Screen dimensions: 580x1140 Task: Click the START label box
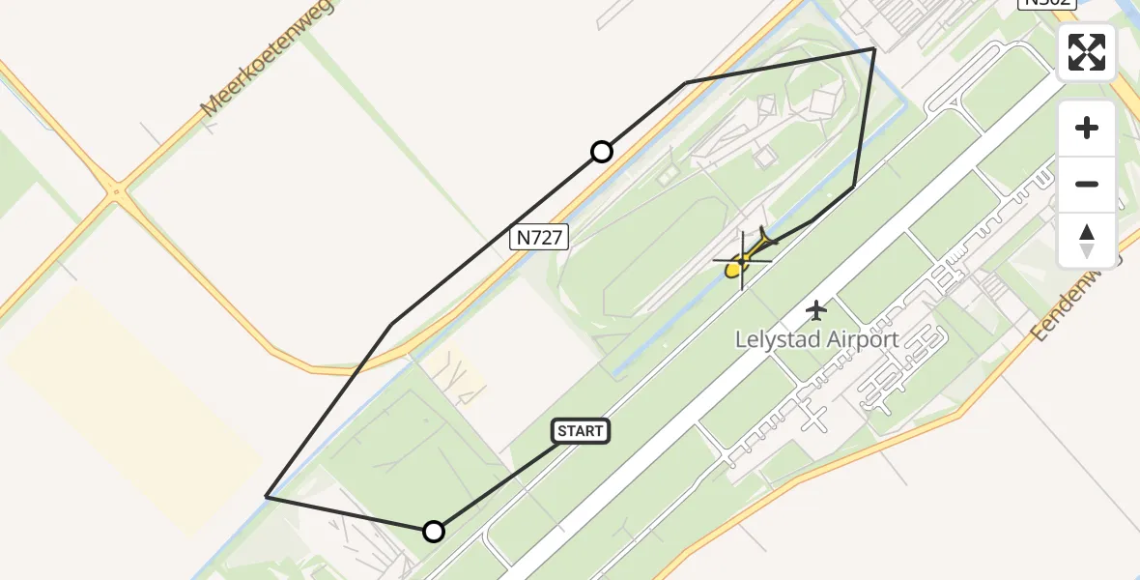(x=581, y=431)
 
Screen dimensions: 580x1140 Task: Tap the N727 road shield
(x=539, y=237)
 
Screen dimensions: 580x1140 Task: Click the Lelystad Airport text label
(x=817, y=340)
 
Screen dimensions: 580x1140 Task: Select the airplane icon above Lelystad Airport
(x=817, y=310)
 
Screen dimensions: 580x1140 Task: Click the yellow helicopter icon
(x=743, y=258)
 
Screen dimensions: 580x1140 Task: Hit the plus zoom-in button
(x=1087, y=128)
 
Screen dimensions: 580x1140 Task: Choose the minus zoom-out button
(x=1087, y=184)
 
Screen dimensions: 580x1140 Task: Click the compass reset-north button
(x=1087, y=240)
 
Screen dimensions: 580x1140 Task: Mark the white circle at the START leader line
(x=434, y=531)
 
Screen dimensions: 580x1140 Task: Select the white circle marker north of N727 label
(x=602, y=152)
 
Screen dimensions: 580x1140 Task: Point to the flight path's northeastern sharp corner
(x=874, y=48)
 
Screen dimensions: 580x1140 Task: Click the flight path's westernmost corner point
(x=266, y=497)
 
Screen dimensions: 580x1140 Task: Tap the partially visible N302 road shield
(x=1046, y=3)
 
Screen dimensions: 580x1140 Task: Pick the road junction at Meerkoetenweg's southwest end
(x=117, y=192)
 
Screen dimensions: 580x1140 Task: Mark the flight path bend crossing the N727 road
(x=391, y=325)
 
